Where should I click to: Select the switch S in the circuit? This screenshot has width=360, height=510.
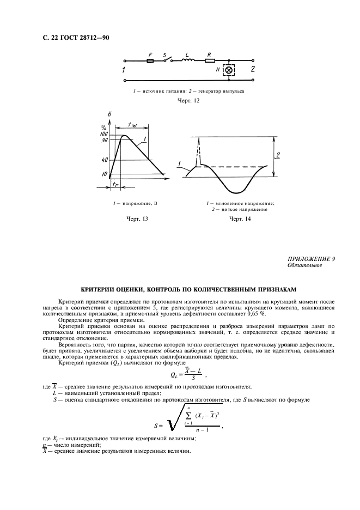tap(167, 60)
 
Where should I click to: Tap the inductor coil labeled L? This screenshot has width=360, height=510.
tap(188, 62)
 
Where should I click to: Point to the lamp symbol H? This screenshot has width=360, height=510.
tap(229, 70)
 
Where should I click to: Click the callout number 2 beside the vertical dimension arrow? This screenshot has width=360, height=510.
tap(278, 156)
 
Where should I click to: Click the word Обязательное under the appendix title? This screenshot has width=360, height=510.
tap(304, 266)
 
